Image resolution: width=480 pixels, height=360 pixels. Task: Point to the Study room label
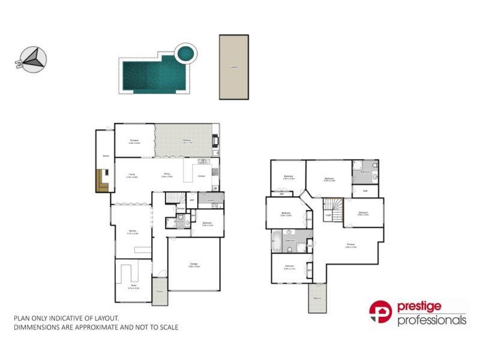coord(133,287)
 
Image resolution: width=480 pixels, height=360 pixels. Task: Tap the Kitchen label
coord(201,176)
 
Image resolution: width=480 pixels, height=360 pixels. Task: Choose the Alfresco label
coord(187,141)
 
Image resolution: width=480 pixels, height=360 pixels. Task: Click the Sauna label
coord(105,156)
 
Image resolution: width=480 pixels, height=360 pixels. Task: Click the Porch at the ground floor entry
coord(160,291)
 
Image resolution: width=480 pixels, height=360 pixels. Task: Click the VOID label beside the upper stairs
coord(328,215)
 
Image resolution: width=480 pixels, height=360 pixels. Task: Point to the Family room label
coord(131,175)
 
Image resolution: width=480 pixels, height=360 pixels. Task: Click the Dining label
coord(166,175)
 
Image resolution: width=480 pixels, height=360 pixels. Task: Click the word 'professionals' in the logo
coord(431,320)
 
